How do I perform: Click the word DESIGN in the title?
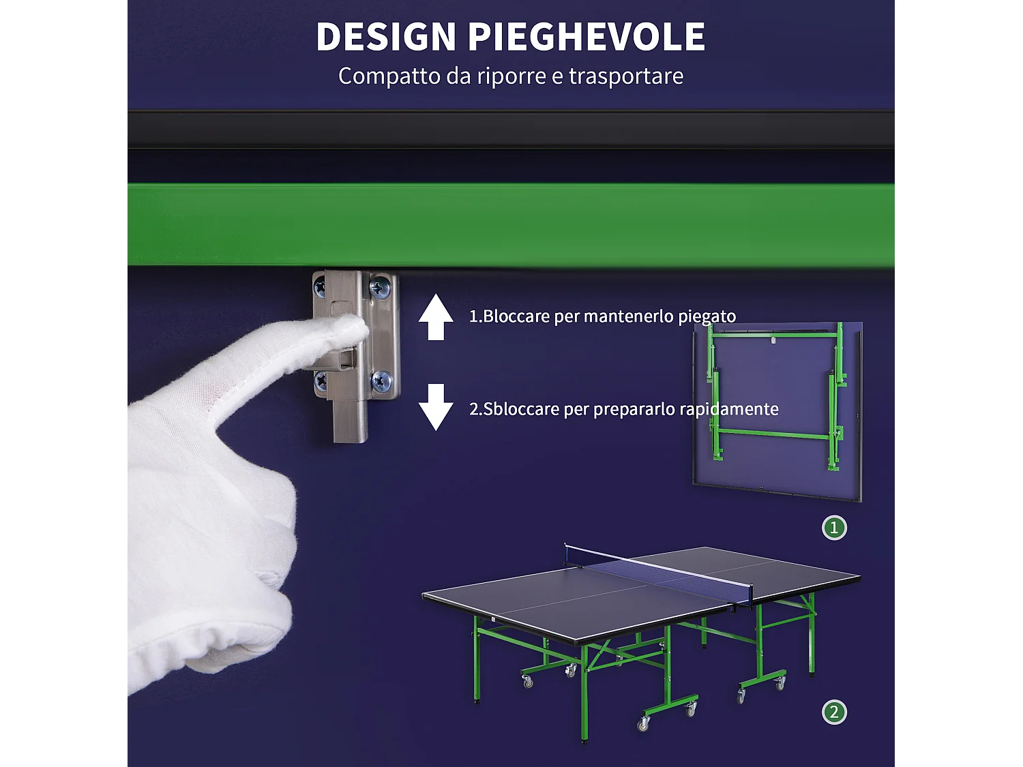(385, 37)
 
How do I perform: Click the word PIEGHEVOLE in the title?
(587, 37)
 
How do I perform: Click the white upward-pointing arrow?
(436, 317)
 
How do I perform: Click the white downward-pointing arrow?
(436, 407)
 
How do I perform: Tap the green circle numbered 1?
(834, 528)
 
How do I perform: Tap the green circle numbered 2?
(834, 712)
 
